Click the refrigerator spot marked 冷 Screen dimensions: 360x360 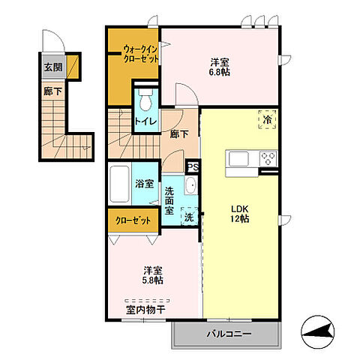pos(267,118)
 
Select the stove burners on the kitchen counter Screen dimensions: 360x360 pos(268,159)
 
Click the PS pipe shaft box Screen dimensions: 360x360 pos(193,168)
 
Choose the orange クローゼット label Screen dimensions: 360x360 pos(133,221)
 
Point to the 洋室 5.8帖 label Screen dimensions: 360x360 pos(154,276)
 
